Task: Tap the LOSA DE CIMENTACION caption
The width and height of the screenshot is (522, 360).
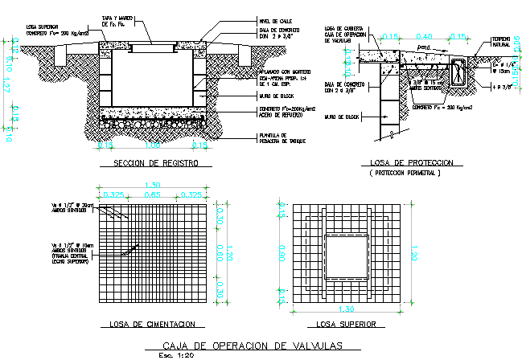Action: click(151, 325)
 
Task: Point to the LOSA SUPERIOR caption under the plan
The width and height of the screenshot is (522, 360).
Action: click(346, 325)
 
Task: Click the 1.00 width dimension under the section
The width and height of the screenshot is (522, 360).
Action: click(152, 146)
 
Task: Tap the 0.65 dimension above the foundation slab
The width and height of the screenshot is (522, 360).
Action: click(152, 195)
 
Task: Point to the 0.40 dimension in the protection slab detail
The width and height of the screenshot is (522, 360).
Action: click(425, 36)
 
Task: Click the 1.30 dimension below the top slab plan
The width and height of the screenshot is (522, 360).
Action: click(346, 309)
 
